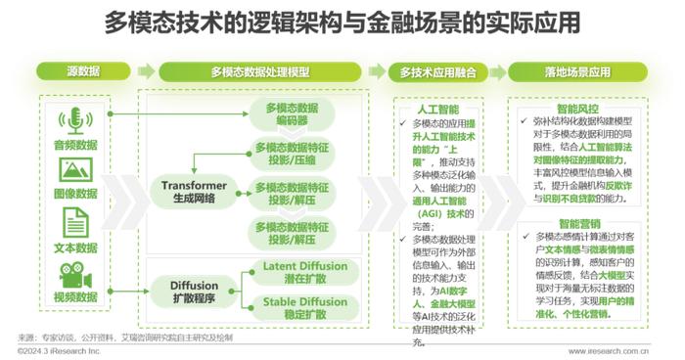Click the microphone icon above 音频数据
(74, 120)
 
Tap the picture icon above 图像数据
(74, 169)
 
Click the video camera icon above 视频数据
(74, 271)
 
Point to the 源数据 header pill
(83, 71)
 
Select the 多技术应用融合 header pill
(436, 71)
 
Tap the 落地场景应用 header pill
(577, 71)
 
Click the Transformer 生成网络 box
(195, 190)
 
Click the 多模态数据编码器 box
(291, 112)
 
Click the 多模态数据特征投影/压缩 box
(291, 154)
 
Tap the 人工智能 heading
(436, 112)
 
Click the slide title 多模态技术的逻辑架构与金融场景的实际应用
(342, 22)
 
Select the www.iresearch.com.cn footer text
(608, 349)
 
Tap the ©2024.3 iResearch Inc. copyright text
(57, 349)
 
